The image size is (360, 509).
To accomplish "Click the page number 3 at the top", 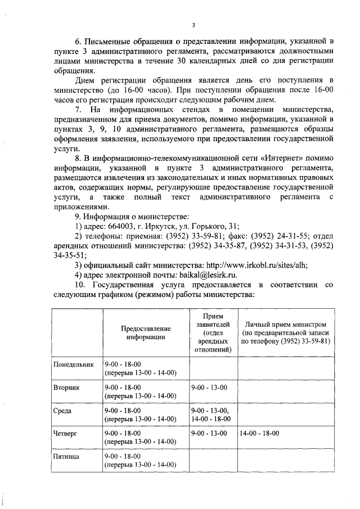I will (193, 24).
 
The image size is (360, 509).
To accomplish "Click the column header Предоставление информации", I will (145, 332).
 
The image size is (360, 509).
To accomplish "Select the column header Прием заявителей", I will (213, 332).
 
